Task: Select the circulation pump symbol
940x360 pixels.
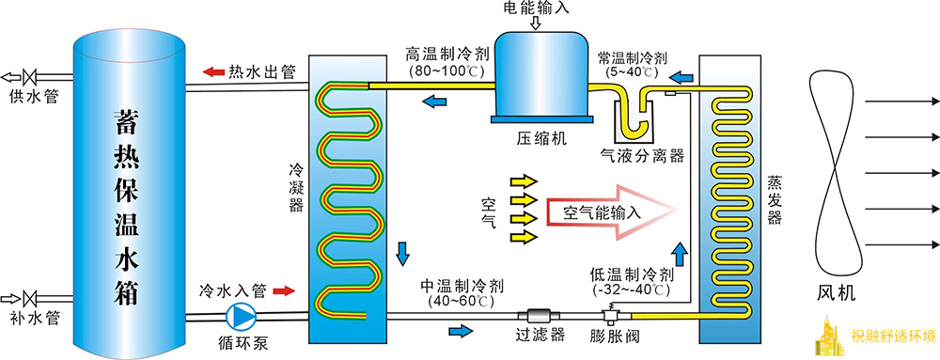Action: tap(243, 314)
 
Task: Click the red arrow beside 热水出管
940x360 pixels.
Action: tap(211, 71)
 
